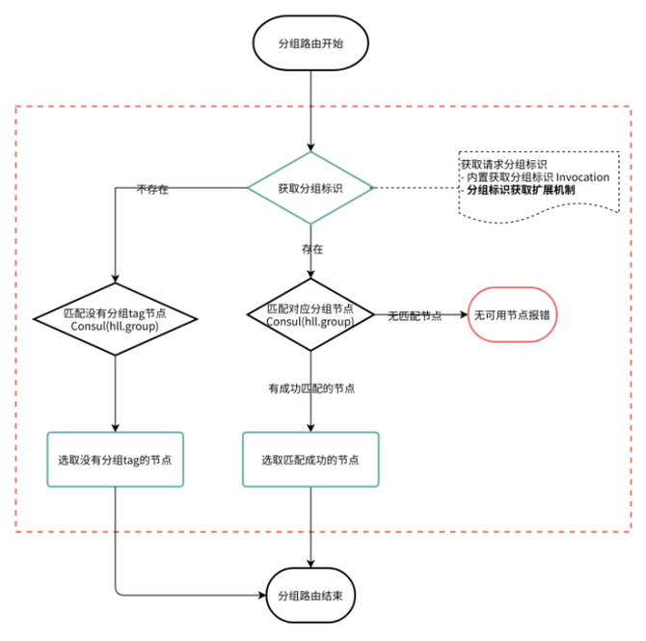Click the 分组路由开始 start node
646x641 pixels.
coord(310,44)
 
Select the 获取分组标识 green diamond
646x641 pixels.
coord(310,187)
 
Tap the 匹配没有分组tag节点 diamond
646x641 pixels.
coord(115,319)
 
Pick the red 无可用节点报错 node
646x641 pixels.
coord(512,314)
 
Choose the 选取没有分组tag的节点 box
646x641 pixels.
coord(115,460)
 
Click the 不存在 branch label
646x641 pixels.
coord(152,189)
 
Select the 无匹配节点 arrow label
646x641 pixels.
coord(415,315)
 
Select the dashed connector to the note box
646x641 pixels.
coord(415,187)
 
